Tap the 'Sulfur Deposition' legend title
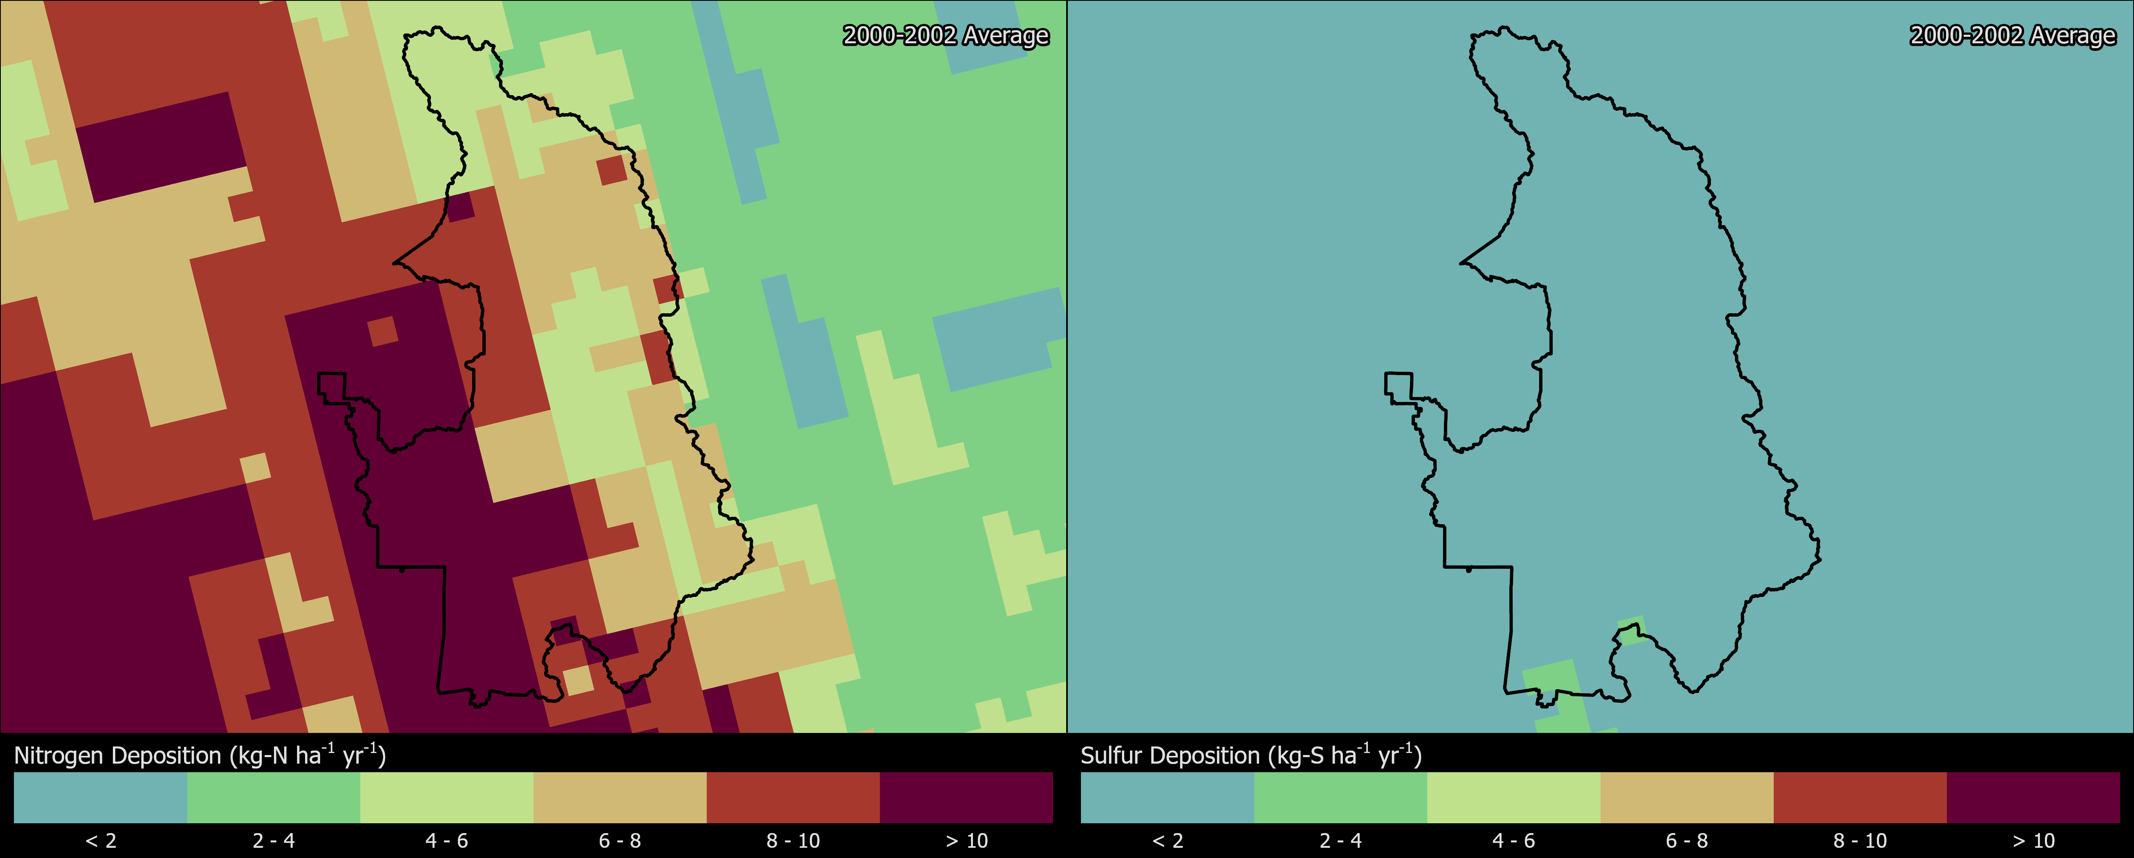(x=1251, y=755)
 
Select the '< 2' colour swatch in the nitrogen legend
(x=100, y=798)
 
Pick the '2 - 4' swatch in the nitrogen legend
(x=273, y=798)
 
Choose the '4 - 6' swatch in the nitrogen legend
(x=446, y=798)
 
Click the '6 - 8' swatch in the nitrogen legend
(x=620, y=798)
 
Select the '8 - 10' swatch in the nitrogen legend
(x=793, y=798)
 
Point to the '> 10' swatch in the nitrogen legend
(x=966, y=798)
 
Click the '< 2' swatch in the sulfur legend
(x=1167, y=798)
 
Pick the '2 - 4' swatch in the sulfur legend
(x=1340, y=798)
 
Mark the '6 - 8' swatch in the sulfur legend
(x=1687, y=798)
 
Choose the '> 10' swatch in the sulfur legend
(x=2033, y=798)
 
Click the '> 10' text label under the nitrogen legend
(x=966, y=840)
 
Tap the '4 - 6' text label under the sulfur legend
(x=1513, y=840)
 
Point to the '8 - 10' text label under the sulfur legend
(x=1860, y=840)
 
